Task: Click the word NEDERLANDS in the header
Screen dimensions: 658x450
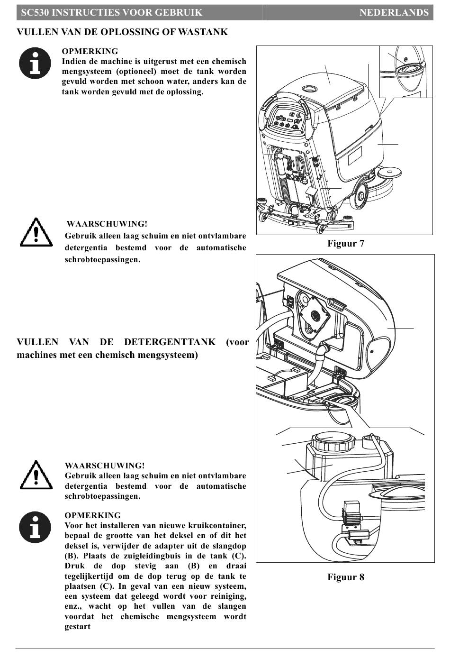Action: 394,13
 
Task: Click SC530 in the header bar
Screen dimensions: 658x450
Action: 35,13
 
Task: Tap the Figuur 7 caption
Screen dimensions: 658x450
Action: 345,244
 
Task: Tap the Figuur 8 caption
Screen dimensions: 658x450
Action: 345,577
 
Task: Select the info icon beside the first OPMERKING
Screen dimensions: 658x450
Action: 35,63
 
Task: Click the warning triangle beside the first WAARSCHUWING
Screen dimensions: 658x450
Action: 36,232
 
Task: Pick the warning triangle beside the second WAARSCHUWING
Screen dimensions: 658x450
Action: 36,475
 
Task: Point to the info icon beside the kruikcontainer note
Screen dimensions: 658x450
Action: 35,528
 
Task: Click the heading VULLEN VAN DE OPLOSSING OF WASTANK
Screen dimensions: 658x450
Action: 122,32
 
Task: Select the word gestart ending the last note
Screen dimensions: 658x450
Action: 77,627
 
